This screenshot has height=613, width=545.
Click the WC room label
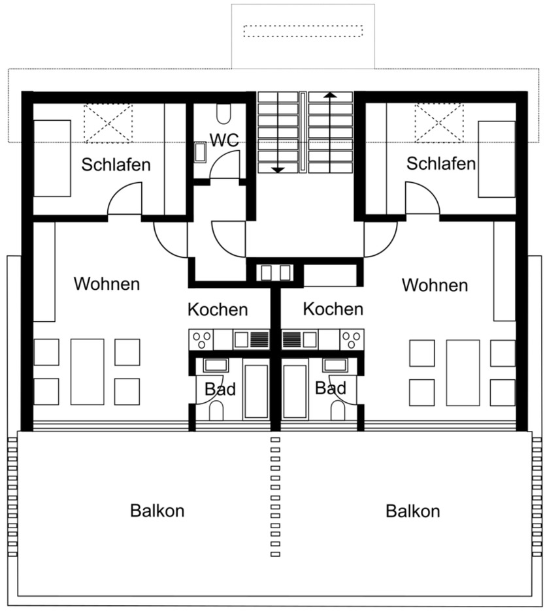[223, 139]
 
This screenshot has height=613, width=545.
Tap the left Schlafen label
[116, 164]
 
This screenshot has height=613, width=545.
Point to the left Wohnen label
[107, 284]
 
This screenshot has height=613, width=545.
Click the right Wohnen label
[435, 285]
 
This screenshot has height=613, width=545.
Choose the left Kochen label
[218, 309]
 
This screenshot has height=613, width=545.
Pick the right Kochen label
[333, 308]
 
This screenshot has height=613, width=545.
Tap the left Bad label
[220, 389]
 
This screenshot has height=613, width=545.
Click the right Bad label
[330, 388]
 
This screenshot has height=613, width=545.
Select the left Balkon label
[157, 511]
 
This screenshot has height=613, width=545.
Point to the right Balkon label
[412, 511]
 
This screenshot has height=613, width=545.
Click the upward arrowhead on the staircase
[330, 95]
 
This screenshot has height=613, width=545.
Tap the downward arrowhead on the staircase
[278, 170]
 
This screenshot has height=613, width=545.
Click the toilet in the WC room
[223, 115]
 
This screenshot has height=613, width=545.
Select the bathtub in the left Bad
[256, 391]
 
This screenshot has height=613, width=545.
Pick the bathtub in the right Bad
[295, 391]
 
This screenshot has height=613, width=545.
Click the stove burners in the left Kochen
[201, 339]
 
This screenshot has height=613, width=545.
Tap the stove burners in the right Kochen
[351, 339]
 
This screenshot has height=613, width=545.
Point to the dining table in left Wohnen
[87, 371]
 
